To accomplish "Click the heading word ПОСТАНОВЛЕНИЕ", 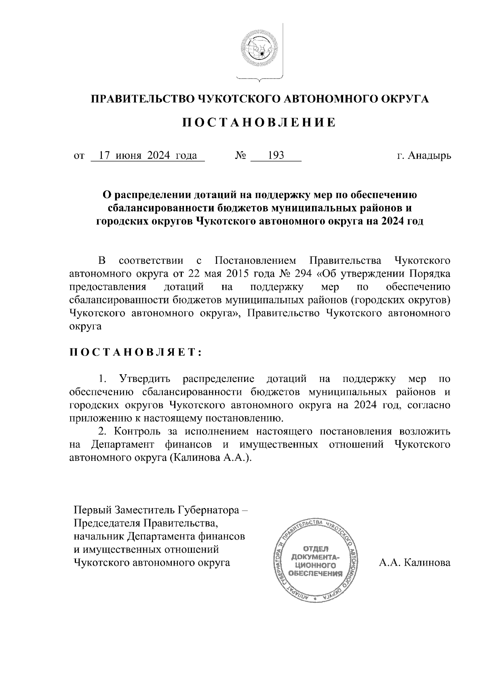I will click(258, 123).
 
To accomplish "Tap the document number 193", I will click(276, 156).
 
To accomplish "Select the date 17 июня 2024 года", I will click(148, 156).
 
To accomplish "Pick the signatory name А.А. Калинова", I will click(414, 563).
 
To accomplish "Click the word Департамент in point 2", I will click(122, 445).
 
